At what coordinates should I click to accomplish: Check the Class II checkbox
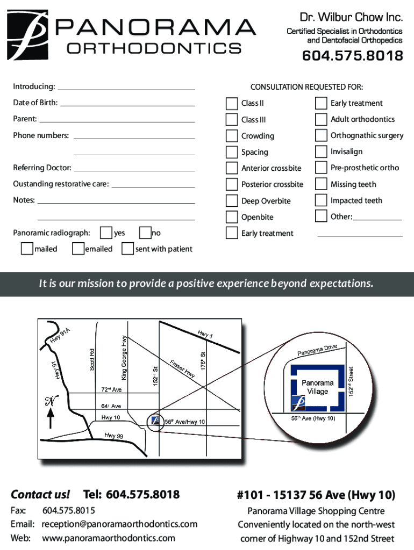coord(232,103)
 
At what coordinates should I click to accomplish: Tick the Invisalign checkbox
coord(321,151)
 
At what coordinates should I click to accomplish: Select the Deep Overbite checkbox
coord(232,201)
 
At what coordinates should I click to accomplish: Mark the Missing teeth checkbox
coord(321,184)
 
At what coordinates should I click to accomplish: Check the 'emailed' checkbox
coord(77,249)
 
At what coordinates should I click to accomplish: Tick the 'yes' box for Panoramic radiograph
coord(106,233)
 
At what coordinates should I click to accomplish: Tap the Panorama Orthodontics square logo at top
coord(28,36)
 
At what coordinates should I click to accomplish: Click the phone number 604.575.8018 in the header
coord(352,56)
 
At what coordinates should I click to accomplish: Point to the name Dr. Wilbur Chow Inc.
coord(351,18)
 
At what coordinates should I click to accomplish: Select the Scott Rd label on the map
coord(92,359)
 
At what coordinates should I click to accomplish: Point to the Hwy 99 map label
coord(113,435)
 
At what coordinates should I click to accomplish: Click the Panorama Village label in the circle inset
coord(317,387)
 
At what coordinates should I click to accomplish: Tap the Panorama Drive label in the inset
coord(317,350)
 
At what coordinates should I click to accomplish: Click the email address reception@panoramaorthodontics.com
coord(119,524)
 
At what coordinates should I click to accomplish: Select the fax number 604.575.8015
coord(69,510)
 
